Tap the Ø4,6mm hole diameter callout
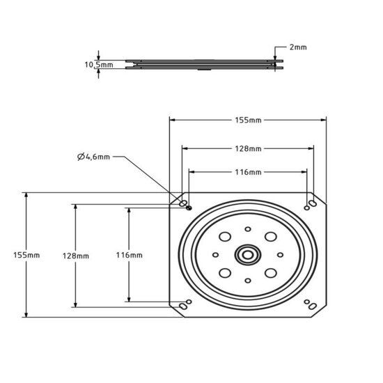click(95, 157)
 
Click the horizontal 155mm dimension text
click(248, 120)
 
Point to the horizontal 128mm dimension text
click(248, 149)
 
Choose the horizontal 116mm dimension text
click(248, 171)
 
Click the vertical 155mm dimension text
click(28, 256)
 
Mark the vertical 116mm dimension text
click(130, 256)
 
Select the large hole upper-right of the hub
click(268, 236)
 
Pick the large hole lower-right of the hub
click(268, 274)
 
